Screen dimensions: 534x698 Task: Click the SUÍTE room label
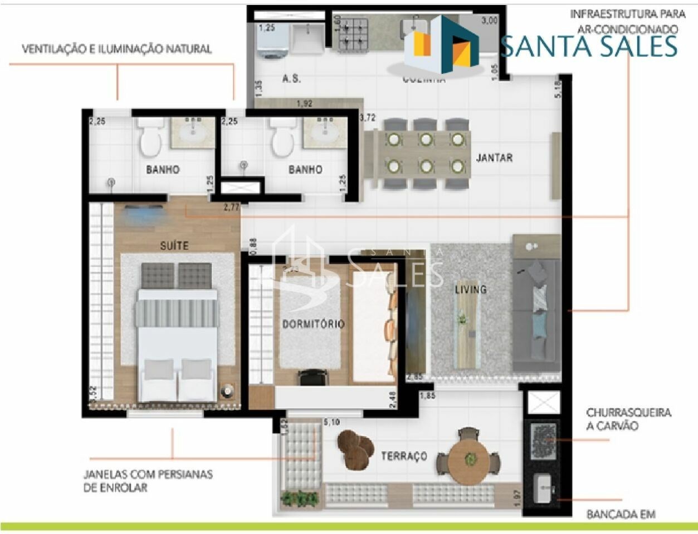pos(174,245)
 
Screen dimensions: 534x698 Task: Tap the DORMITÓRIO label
pos(313,324)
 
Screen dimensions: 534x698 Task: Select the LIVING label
pos(470,289)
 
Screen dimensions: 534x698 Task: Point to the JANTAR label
pos(494,158)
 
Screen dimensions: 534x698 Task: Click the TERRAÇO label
pos(404,456)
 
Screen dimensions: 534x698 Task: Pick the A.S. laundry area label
pos(291,79)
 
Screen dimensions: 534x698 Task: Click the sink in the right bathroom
pos(326,132)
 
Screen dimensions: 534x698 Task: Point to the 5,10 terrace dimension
pos(331,423)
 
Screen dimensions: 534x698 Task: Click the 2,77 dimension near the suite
pos(232,207)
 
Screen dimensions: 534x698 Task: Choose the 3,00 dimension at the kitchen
pos(489,21)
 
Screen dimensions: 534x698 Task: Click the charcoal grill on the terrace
pos(543,441)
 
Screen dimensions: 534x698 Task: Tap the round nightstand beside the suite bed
pos(227,391)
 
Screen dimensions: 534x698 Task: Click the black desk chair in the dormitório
pos(311,378)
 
